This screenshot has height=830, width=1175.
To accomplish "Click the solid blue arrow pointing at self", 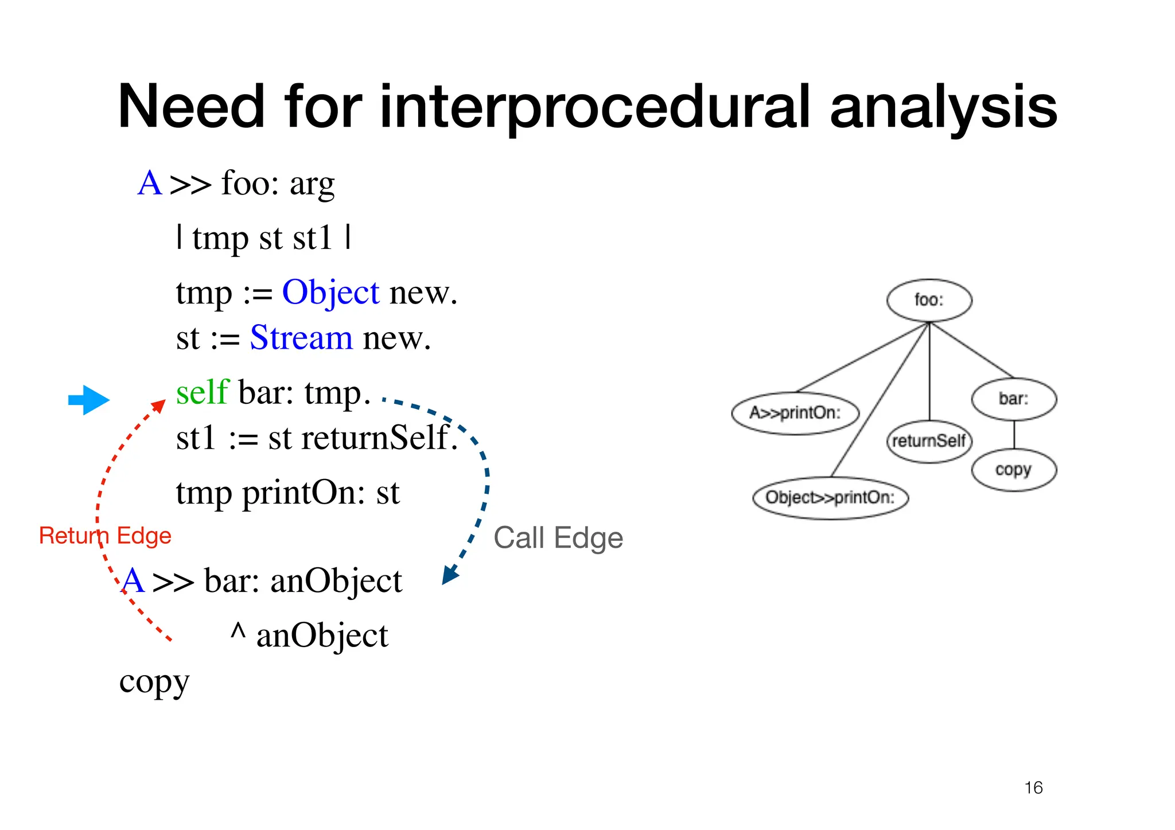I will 88,400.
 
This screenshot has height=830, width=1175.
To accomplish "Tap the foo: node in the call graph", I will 929,300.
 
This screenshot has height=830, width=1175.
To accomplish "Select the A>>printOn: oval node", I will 795,413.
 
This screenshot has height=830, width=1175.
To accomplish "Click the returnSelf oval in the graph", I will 929,441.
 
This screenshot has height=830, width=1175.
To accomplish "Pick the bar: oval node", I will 1014,399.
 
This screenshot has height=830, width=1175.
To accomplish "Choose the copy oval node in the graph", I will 1014,470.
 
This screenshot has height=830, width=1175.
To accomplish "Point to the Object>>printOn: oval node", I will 830,497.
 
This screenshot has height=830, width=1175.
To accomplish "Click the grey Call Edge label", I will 558,538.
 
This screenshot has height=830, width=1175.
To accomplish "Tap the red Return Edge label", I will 105,536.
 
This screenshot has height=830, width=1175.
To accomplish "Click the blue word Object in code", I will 330,293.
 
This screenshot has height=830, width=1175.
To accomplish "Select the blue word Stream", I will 301,338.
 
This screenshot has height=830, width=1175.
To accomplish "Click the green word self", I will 203,393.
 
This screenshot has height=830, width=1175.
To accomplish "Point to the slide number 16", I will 1033,788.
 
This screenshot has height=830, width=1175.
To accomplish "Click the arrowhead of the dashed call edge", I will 449,575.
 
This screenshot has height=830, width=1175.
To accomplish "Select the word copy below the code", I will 154,683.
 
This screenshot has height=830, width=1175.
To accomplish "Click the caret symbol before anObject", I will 238,631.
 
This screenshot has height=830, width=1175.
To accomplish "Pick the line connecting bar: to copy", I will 1014,435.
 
